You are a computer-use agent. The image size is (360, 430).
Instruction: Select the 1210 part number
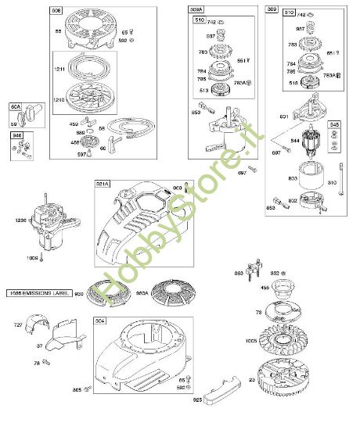point(59,100)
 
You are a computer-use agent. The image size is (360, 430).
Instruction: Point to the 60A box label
point(16,106)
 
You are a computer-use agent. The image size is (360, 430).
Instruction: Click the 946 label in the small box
point(16,134)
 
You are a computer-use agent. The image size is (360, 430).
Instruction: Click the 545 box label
point(334,124)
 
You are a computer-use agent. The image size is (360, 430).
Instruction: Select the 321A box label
point(102,183)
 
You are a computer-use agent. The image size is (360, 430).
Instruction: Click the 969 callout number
point(177,188)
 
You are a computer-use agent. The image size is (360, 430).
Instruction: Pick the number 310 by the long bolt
point(332,184)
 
